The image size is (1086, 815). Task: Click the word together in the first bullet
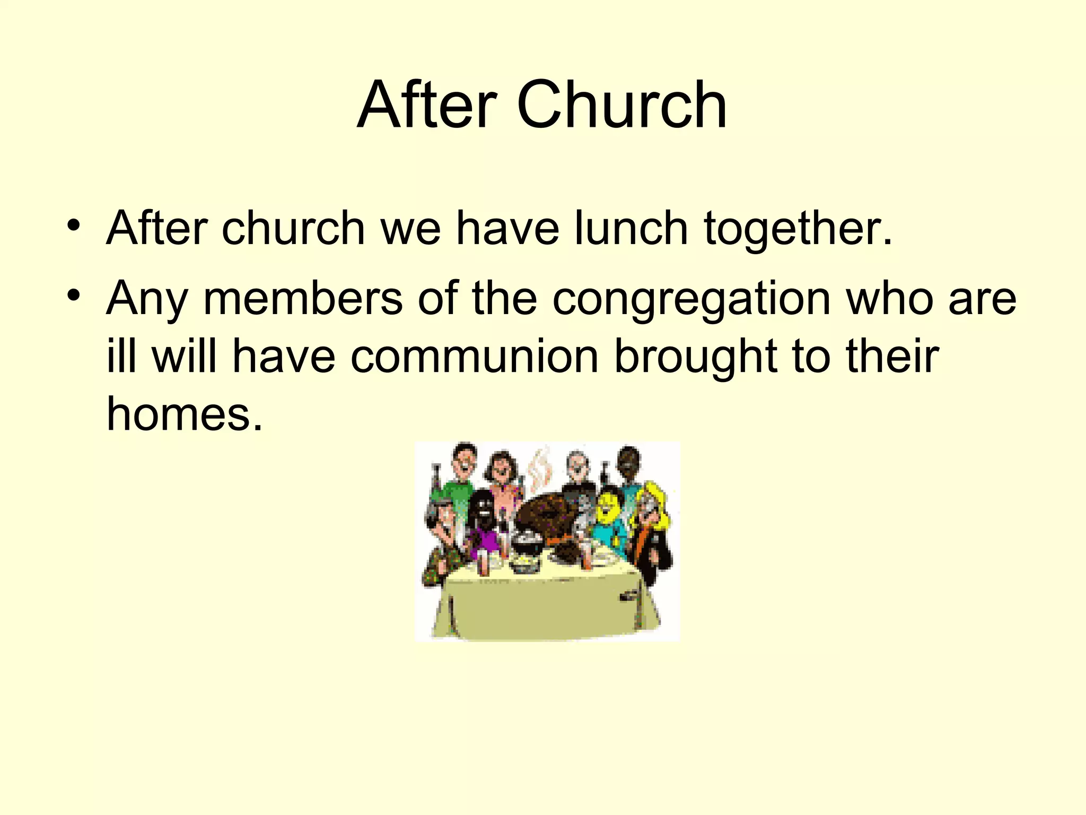(798, 229)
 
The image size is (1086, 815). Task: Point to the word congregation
(691, 299)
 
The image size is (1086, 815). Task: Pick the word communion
(475, 357)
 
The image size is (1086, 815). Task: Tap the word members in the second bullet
(303, 298)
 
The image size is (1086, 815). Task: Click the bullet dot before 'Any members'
(74, 294)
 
